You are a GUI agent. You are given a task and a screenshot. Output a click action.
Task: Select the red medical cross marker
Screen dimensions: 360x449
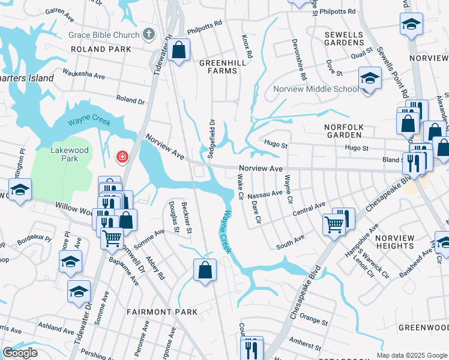click(x=122, y=157)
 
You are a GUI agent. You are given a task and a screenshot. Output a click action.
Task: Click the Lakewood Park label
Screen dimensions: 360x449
click(x=70, y=154)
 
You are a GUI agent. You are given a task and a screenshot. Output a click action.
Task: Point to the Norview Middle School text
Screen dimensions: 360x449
click(x=316, y=89)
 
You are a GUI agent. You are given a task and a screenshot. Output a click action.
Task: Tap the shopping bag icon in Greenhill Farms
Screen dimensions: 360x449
click(x=179, y=50)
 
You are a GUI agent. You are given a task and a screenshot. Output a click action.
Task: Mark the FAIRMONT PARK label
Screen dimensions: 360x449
click(x=161, y=312)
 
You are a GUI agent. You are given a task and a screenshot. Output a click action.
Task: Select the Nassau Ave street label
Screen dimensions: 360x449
click(x=264, y=194)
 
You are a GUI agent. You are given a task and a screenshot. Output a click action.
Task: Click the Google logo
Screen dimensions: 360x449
click(x=20, y=353)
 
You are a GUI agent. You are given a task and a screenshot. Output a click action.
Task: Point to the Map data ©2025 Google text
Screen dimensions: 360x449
click(x=412, y=355)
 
